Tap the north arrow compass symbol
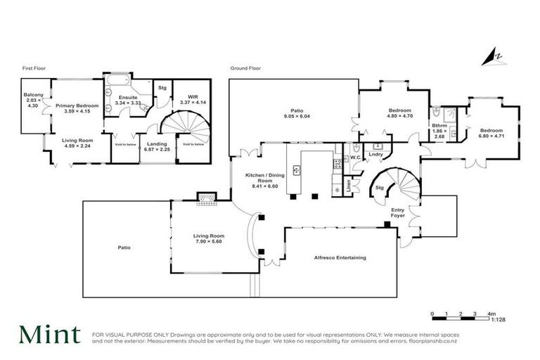498,56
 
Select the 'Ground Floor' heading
245,69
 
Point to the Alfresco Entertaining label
340,258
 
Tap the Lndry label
375,154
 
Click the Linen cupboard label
349,186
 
